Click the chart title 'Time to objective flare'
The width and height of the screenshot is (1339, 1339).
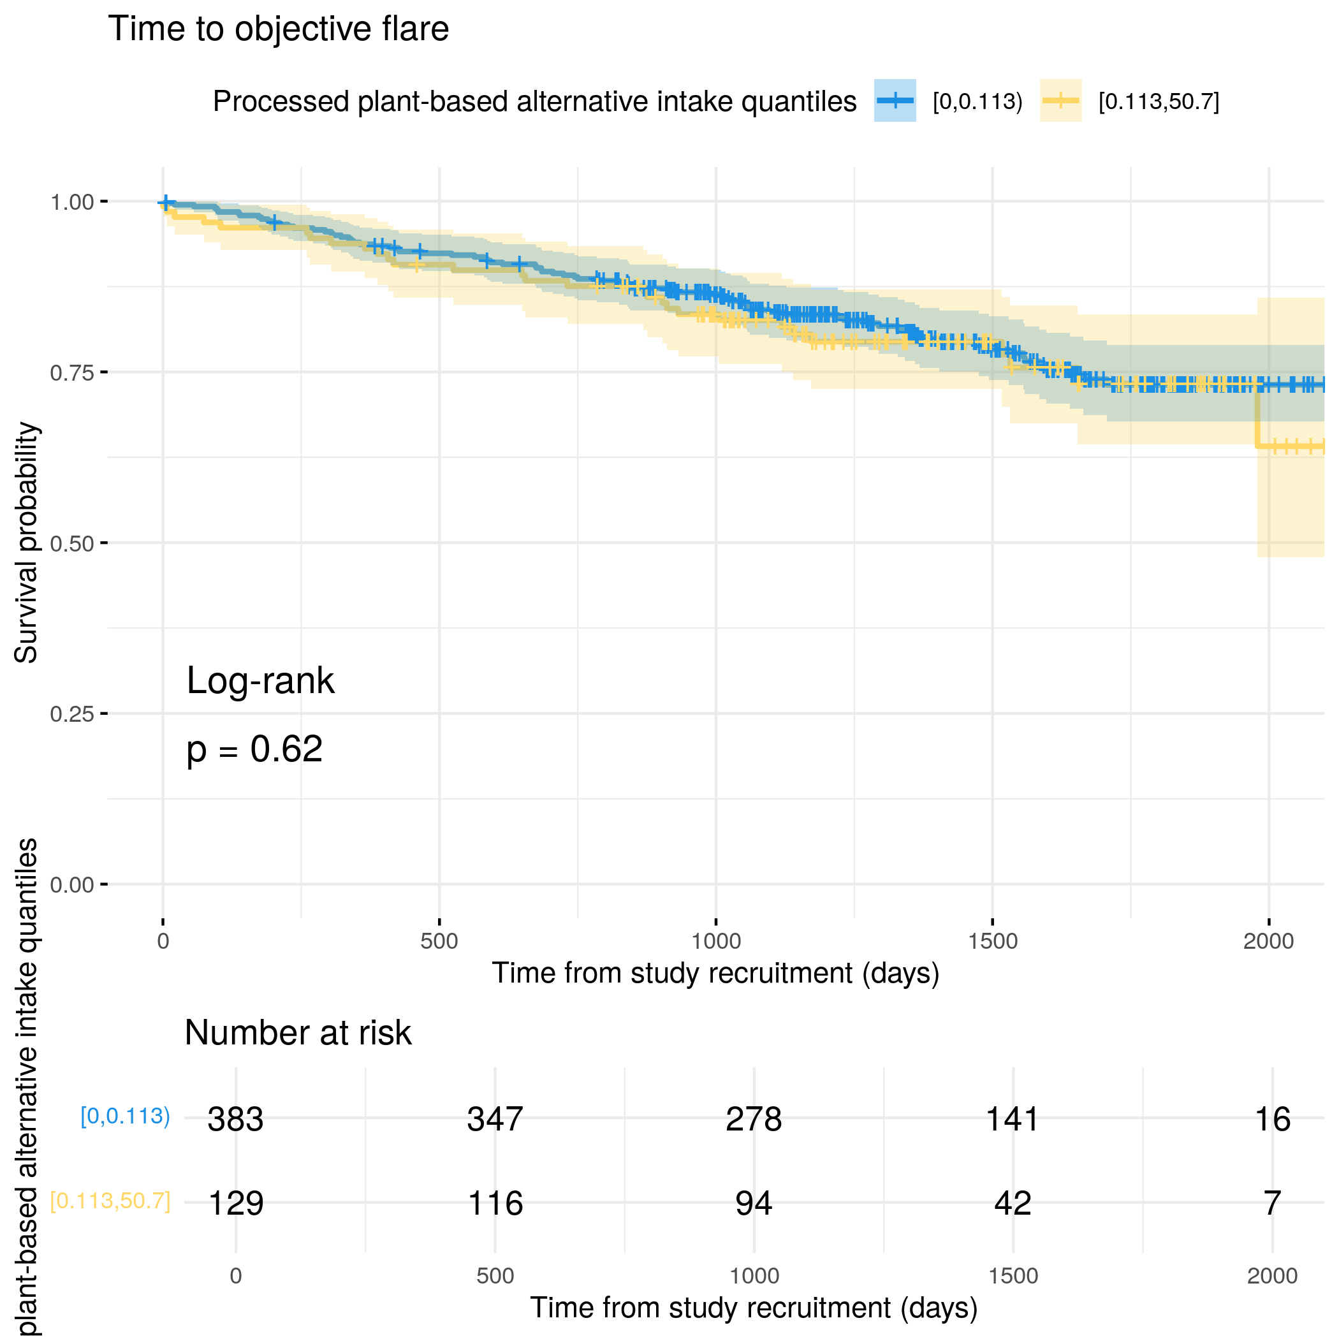click(278, 29)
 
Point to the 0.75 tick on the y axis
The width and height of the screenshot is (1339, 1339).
click(71, 373)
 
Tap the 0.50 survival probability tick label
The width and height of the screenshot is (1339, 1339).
click(71, 543)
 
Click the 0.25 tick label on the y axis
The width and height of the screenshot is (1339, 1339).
click(71, 714)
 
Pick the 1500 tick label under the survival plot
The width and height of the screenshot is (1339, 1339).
click(993, 941)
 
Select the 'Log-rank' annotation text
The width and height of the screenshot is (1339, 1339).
click(260, 680)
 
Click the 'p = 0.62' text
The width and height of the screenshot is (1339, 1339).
click(254, 749)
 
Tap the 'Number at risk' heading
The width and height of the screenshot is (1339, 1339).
click(298, 1033)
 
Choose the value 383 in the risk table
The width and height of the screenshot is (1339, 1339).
click(236, 1119)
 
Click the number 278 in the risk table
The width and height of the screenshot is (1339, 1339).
click(754, 1119)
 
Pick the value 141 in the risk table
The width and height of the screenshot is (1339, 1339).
click(1013, 1119)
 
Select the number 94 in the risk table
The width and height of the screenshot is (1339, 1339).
click(754, 1203)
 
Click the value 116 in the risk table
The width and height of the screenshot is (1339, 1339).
click(495, 1203)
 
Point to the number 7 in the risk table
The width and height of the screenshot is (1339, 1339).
click(1272, 1203)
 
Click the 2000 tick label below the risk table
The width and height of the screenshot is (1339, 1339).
click(1272, 1276)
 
